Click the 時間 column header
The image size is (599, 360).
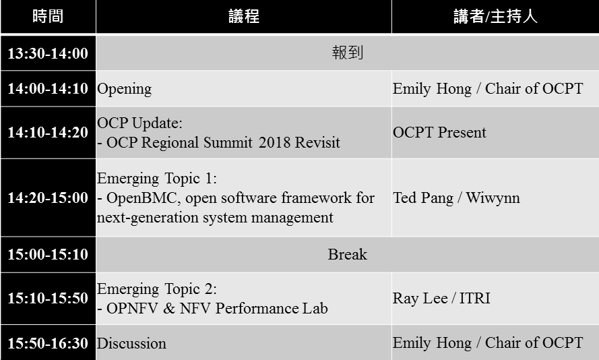[48, 16]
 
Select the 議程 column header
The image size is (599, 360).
[244, 16]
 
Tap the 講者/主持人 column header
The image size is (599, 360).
[495, 16]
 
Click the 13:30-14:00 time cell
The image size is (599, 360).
[48, 53]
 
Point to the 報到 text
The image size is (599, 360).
[347, 53]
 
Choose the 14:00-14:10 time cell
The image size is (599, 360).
[48, 88]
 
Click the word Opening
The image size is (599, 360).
[125, 89]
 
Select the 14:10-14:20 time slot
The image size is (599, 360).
[48, 132]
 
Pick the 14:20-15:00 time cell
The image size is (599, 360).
[48, 198]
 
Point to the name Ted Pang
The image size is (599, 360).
[423, 198]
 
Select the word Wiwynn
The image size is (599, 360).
[493, 198]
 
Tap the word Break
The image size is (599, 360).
[347, 255]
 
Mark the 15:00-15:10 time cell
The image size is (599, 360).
[48, 254]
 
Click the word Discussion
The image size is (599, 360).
[131, 344]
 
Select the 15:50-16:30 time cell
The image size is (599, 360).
[48, 343]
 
